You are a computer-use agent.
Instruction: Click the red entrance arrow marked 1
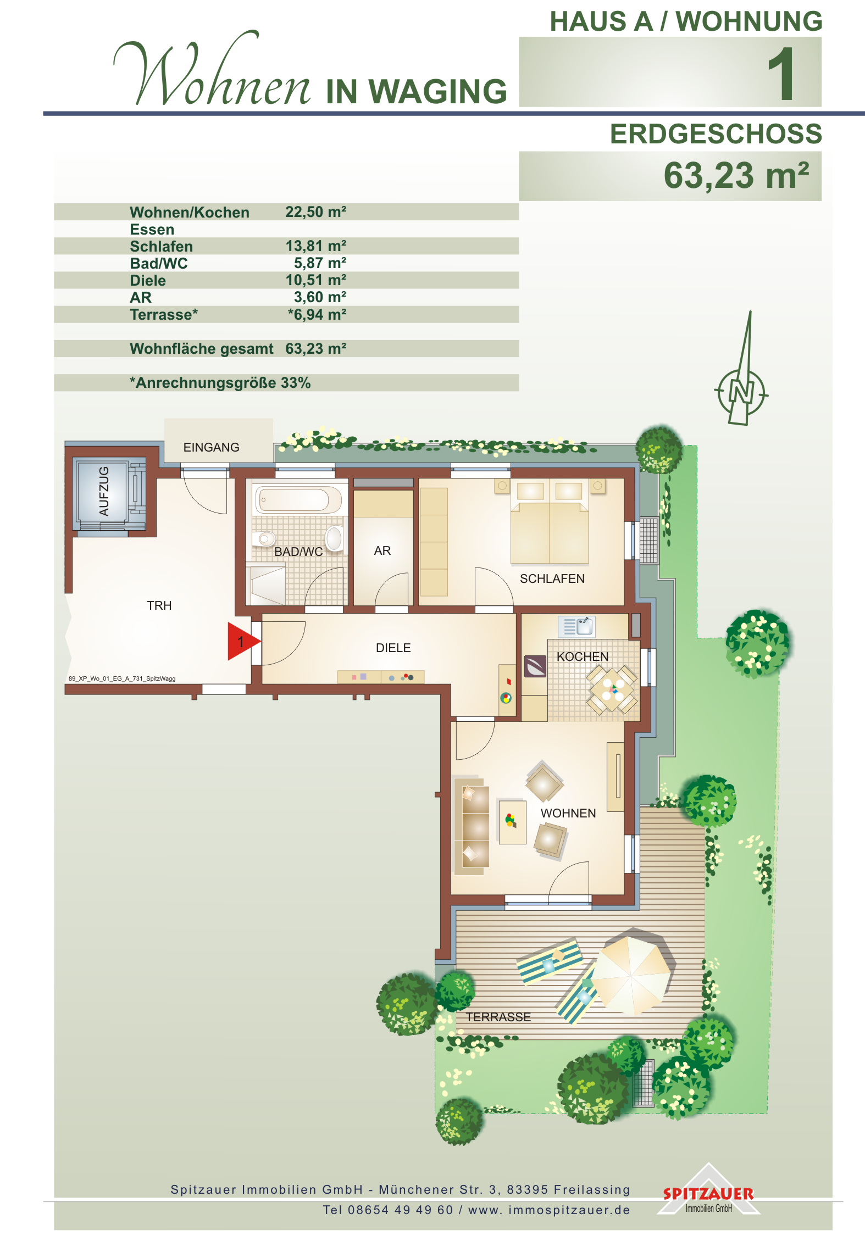(x=242, y=641)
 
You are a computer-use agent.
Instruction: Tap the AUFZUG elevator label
(x=104, y=491)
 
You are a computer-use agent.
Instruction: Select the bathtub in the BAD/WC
(x=298, y=499)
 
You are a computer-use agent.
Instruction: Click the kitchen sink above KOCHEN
(x=576, y=626)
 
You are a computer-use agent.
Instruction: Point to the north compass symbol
(x=741, y=385)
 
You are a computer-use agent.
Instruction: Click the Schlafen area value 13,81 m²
(x=315, y=246)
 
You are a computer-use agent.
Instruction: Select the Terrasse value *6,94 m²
(x=317, y=314)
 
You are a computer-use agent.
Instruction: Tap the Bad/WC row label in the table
(x=159, y=264)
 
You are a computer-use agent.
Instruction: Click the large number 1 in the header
(x=781, y=73)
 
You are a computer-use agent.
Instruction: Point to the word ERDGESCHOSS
(x=716, y=133)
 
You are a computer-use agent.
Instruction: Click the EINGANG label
(x=211, y=447)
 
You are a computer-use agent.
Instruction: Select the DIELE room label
(x=393, y=648)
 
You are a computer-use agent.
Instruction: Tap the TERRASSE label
(x=498, y=1017)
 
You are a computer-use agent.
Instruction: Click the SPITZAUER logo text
(x=708, y=1194)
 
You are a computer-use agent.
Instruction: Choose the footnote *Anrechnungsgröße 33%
(x=220, y=383)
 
